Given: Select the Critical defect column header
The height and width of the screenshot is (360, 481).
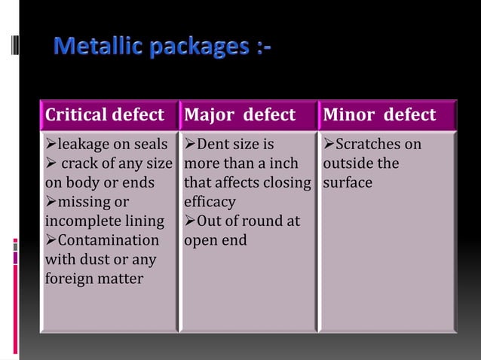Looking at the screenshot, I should coord(105,115).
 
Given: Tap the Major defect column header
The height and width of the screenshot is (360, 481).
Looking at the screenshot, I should coord(240,115).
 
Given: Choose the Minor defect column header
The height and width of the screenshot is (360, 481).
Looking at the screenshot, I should coord(379,115).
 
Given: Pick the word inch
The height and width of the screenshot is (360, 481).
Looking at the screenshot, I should coord(283,163).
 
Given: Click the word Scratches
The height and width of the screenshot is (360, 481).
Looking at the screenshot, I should coord(371,144).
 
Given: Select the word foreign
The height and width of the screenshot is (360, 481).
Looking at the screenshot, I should coord(68,279).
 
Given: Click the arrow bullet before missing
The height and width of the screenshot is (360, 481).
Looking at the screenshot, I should coord(51,202).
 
